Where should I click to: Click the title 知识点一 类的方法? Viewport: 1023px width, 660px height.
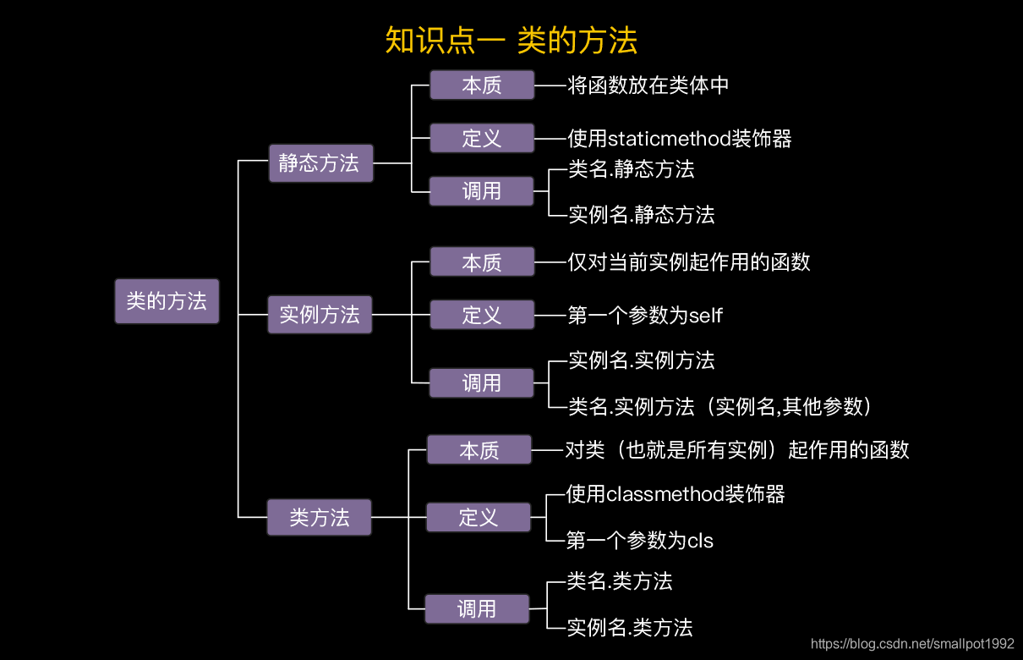pos(511,41)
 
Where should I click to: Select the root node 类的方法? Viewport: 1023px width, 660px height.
pos(167,301)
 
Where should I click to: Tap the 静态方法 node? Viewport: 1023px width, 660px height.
pos(320,163)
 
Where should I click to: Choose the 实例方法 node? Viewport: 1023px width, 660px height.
pos(320,315)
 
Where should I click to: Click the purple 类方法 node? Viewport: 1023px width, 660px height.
pos(320,517)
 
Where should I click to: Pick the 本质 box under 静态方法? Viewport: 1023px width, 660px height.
pos(482,85)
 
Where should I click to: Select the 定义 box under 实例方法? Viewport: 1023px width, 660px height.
pos(482,315)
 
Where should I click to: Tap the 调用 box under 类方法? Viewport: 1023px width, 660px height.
pos(477,608)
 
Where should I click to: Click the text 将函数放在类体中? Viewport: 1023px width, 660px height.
pos(648,85)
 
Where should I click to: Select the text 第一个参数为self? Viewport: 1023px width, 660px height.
pos(645,316)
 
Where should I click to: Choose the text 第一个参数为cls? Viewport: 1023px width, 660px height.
pos(640,540)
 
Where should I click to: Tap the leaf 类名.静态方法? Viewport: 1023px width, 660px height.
pos(631,169)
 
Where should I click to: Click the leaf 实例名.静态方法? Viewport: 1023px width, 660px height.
pos(641,215)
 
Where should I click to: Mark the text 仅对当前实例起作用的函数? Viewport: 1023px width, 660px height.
pos(689,262)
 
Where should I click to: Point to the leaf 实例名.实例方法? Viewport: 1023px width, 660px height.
pos(641,360)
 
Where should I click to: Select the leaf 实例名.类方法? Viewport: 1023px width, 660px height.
pos(630,628)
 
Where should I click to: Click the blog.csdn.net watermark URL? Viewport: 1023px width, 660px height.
pos(912,645)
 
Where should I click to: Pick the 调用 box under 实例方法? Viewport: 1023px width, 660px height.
pos(482,382)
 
